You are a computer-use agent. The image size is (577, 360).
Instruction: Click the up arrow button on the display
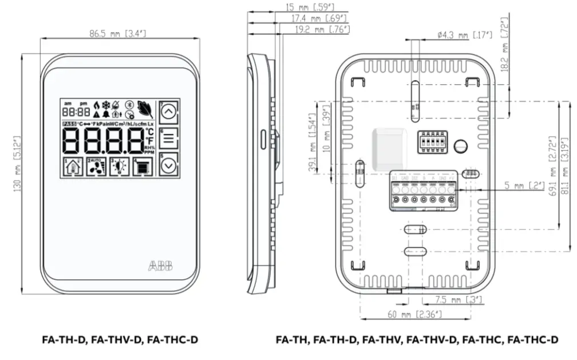point(168,112)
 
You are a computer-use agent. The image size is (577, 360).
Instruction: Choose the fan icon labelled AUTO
point(97,167)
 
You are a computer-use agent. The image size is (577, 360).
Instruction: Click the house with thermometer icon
point(73,167)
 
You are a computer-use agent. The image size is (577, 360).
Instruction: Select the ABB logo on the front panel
point(163,266)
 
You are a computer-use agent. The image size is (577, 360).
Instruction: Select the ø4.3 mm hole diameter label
point(464,35)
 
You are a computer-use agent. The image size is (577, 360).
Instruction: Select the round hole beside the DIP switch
point(460,146)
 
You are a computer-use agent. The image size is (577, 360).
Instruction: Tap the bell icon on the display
point(96,114)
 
